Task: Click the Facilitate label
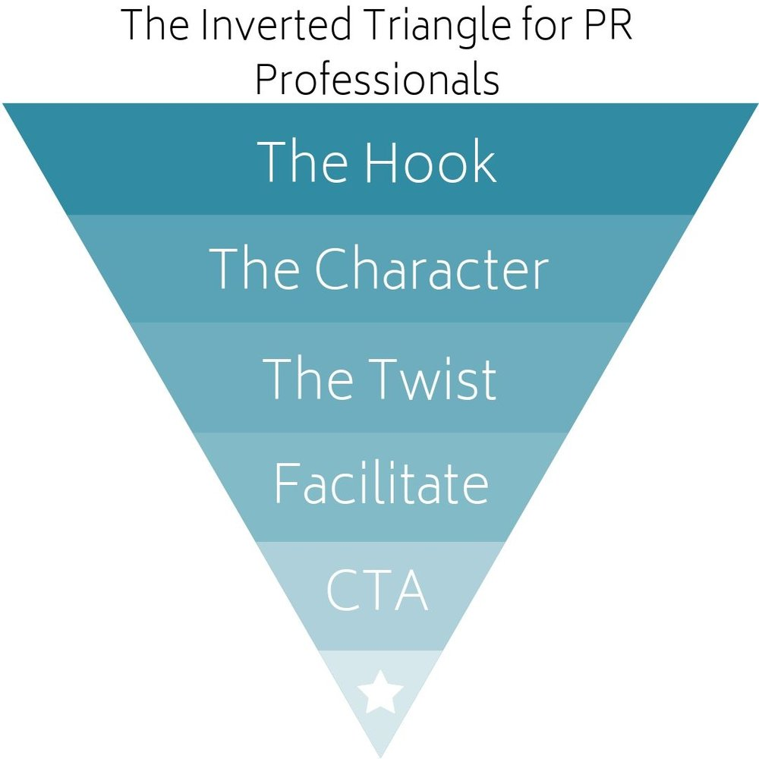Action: coord(380,483)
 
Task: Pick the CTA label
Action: coord(377,591)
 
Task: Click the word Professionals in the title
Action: coord(377,80)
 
